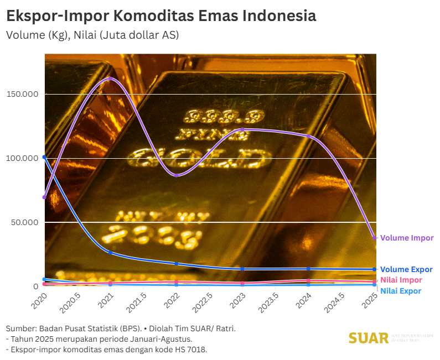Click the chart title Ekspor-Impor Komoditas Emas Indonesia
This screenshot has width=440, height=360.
click(161, 15)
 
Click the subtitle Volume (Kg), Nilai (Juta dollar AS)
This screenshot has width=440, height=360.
click(92, 35)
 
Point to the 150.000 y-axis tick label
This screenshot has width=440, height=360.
click(22, 94)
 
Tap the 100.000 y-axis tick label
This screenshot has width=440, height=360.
click(22, 158)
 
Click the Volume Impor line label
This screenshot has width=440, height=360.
click(407, 238)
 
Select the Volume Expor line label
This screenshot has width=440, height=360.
click(406, 269)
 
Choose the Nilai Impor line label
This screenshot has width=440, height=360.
click(401, 280)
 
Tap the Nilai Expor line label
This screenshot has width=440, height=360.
click(401, 291)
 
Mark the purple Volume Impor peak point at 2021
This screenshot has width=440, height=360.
click(110, 79)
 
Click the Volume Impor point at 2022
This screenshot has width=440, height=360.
click(177, 175)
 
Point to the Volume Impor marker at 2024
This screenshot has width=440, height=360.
click(309, 136)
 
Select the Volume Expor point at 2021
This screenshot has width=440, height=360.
click(110, 252)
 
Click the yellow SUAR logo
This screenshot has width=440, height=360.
click(369, 337)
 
